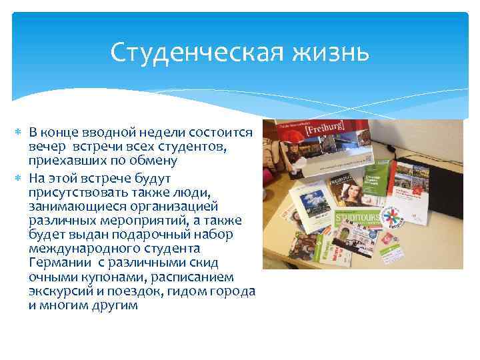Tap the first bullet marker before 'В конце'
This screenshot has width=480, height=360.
18,132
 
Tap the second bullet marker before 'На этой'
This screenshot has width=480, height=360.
18,179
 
